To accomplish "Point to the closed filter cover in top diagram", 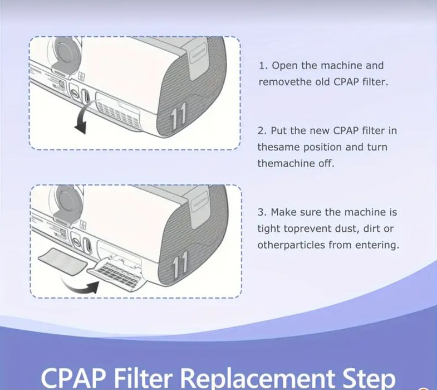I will click(120, 105).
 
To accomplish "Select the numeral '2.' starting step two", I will click(262, 131).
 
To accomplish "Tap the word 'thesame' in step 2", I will click(277, 148).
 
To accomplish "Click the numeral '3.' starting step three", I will click(262, 212).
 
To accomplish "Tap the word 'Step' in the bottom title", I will click(366, 378).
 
